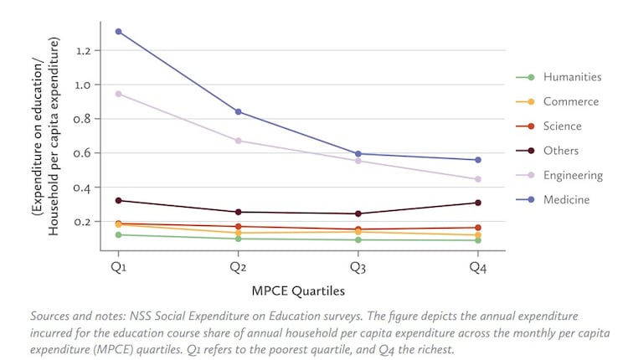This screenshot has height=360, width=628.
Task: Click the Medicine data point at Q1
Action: click(119, 32)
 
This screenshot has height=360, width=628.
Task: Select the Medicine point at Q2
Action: click(239, 111)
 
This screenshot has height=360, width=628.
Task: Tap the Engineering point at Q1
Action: click(119, 94)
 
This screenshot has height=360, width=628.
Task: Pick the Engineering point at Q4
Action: click(478, 179)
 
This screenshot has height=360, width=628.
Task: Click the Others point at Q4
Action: click(478, 203)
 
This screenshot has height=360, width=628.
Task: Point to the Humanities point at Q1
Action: click(119, 234)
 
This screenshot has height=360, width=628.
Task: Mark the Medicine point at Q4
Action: click(478, 160)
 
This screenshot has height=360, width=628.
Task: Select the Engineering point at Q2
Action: click(239, 141)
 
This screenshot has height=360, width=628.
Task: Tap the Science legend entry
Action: click(562, 126)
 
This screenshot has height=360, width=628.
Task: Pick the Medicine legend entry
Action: click(566, 199)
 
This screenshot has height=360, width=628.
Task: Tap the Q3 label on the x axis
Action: click(358, 268)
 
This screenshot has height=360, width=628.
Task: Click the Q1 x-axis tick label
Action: click(119, 268)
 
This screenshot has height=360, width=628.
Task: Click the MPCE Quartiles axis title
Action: click(298, 291)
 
